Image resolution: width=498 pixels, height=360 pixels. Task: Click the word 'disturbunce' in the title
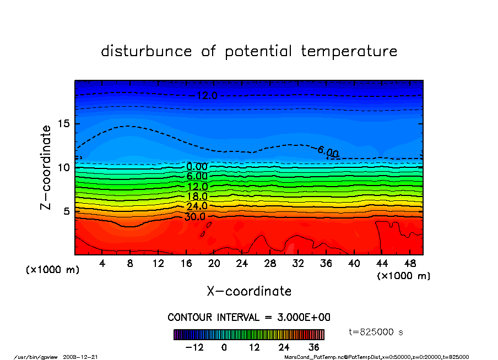click(147, 51)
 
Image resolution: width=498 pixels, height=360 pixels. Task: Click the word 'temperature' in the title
click(349, 51)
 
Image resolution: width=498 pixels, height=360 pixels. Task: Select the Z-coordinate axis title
click(46, 167)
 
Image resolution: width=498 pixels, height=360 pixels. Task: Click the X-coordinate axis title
click(249, 291)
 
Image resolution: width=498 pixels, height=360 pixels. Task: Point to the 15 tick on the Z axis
click(64, 123)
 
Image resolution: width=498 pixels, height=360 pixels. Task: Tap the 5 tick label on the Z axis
click(68, 211)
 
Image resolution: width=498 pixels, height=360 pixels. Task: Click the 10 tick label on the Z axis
click(64, 167)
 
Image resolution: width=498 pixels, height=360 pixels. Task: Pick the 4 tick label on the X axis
click(102, 264)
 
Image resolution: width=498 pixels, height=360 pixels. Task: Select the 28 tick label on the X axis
click(270, 264)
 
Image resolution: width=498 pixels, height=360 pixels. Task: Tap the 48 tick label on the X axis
click(410, 264)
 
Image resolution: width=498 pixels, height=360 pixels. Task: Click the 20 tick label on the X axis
click(214, 264)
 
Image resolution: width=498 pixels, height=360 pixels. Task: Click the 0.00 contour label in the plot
click(197, 167)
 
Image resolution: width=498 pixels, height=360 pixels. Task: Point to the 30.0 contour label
click(194, 216)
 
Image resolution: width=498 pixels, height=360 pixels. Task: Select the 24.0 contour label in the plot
click(197, 206)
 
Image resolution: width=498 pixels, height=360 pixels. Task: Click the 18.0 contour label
click(197, 197)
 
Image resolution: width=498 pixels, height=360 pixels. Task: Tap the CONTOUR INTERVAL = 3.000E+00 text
click(249, 318)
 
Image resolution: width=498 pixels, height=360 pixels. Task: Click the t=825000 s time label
click(376, 332)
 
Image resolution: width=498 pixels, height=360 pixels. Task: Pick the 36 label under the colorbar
click(314, 347)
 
